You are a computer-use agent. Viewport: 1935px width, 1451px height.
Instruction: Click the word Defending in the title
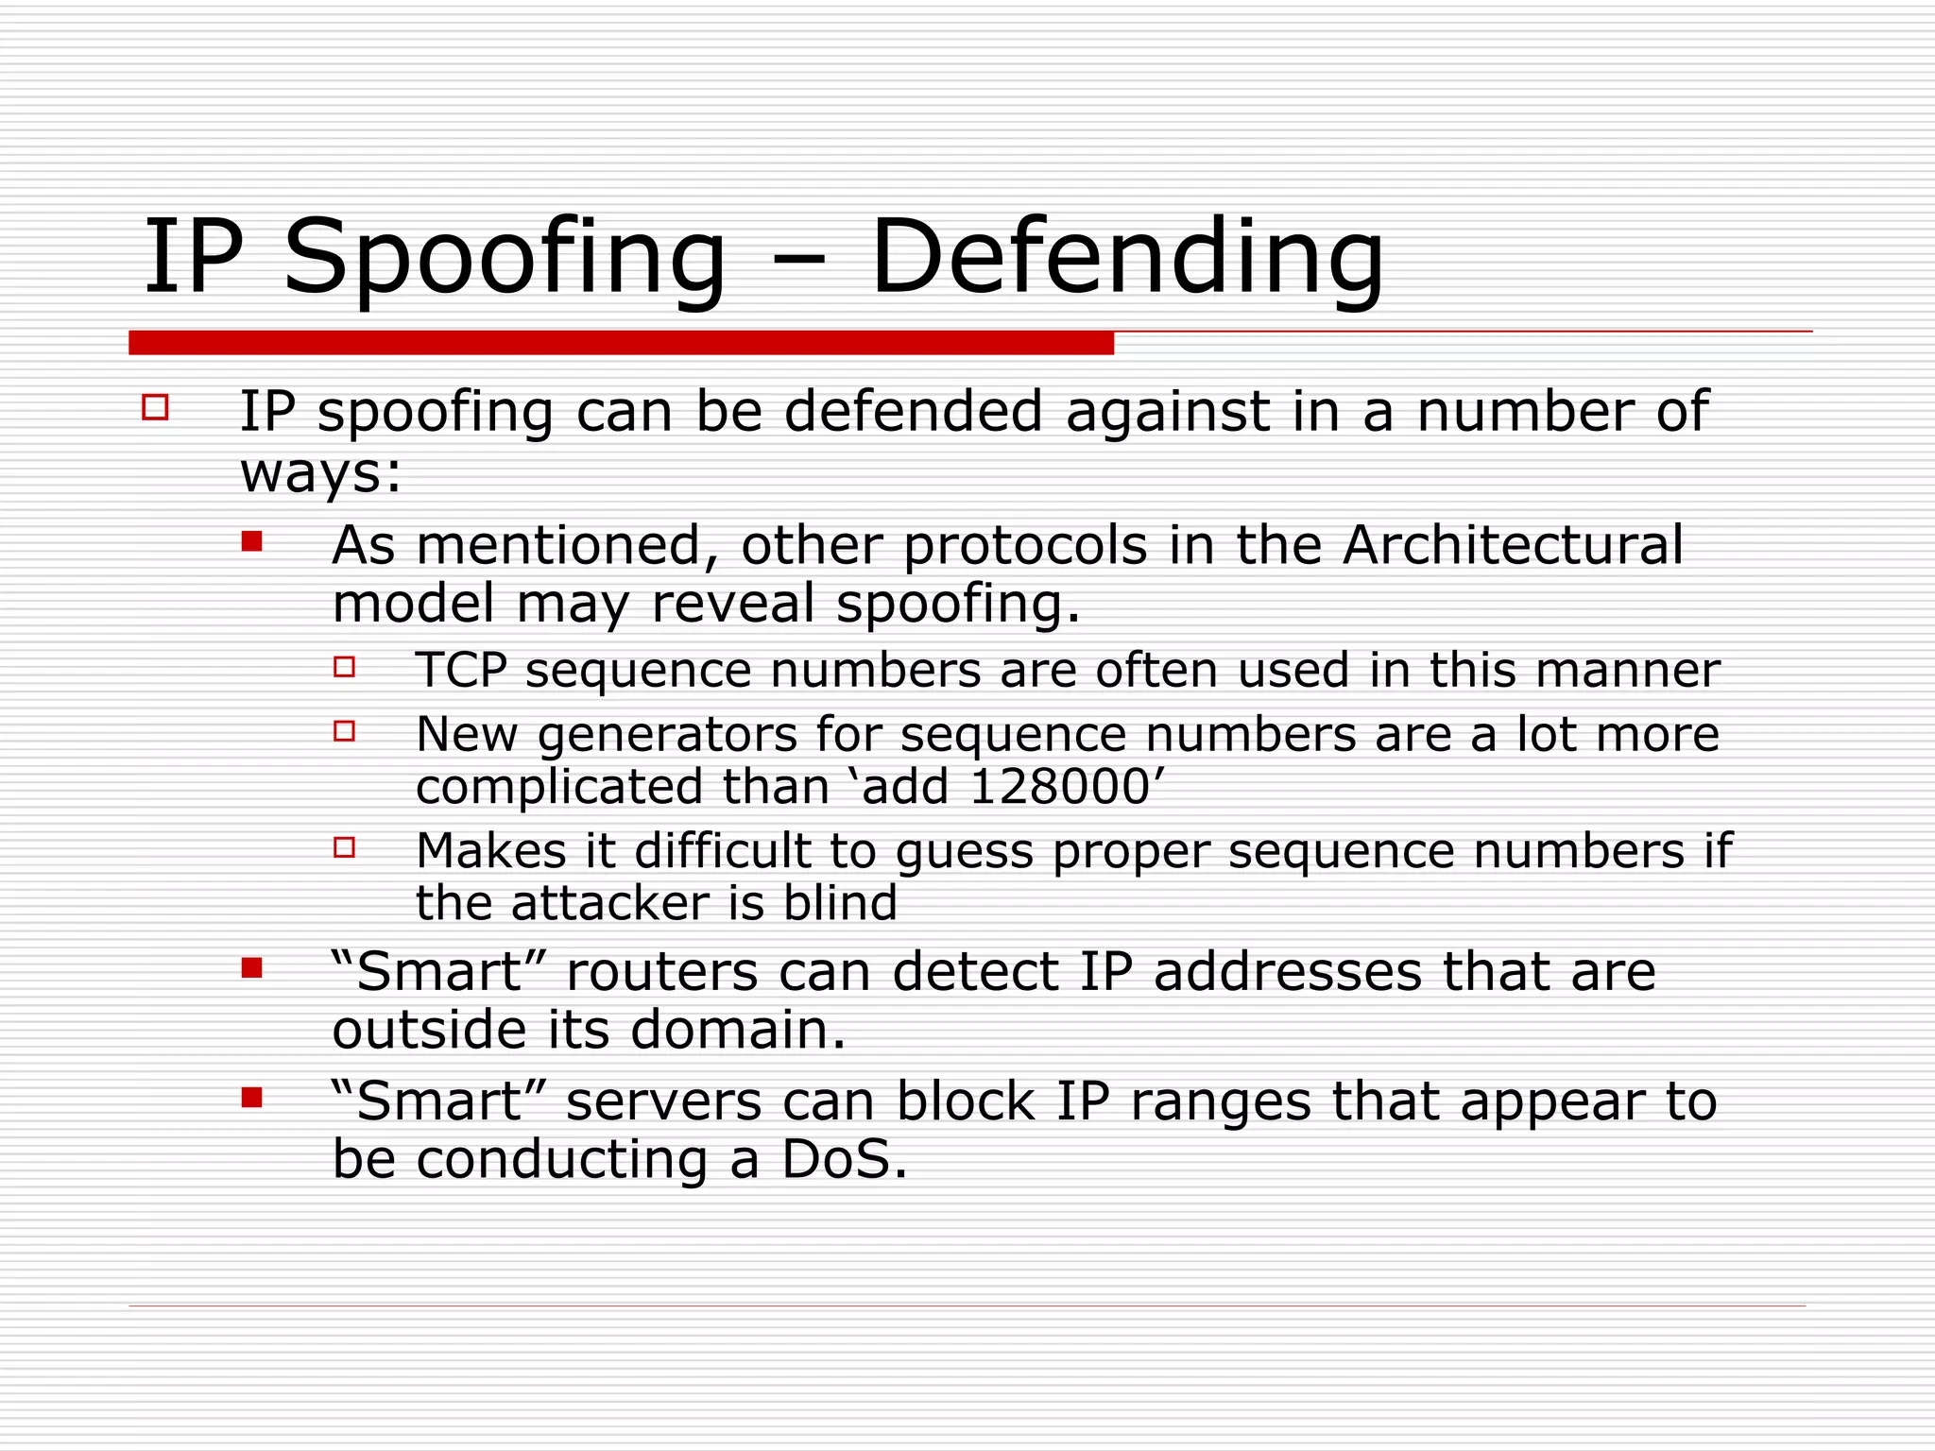coord(1126,257)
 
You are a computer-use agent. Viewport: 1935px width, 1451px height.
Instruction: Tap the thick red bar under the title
coord(621,343)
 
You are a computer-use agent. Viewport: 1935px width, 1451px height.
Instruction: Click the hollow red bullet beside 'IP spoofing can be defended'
coord(155,408)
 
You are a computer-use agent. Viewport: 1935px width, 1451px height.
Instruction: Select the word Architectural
coord(1513,545)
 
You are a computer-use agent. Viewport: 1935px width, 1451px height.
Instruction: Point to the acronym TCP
coord(461,670)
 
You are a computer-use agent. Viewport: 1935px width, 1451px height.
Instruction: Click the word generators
coord(667,735)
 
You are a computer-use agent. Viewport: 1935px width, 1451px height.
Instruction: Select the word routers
coord(661,971)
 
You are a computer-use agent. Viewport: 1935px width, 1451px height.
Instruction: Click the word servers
coord(663,1101)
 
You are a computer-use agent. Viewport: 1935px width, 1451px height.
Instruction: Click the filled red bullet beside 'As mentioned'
coord(251,541)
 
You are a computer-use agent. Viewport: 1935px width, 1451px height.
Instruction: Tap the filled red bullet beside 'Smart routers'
coord(251,968)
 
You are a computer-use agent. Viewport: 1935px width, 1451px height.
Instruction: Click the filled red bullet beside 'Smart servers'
coord(251,1098)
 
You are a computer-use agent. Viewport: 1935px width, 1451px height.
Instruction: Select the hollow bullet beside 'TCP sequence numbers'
coord(344,667)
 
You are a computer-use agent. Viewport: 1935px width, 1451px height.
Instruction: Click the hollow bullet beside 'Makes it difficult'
coord(344,847)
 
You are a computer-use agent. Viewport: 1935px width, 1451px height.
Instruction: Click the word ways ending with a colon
coord(320,472)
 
